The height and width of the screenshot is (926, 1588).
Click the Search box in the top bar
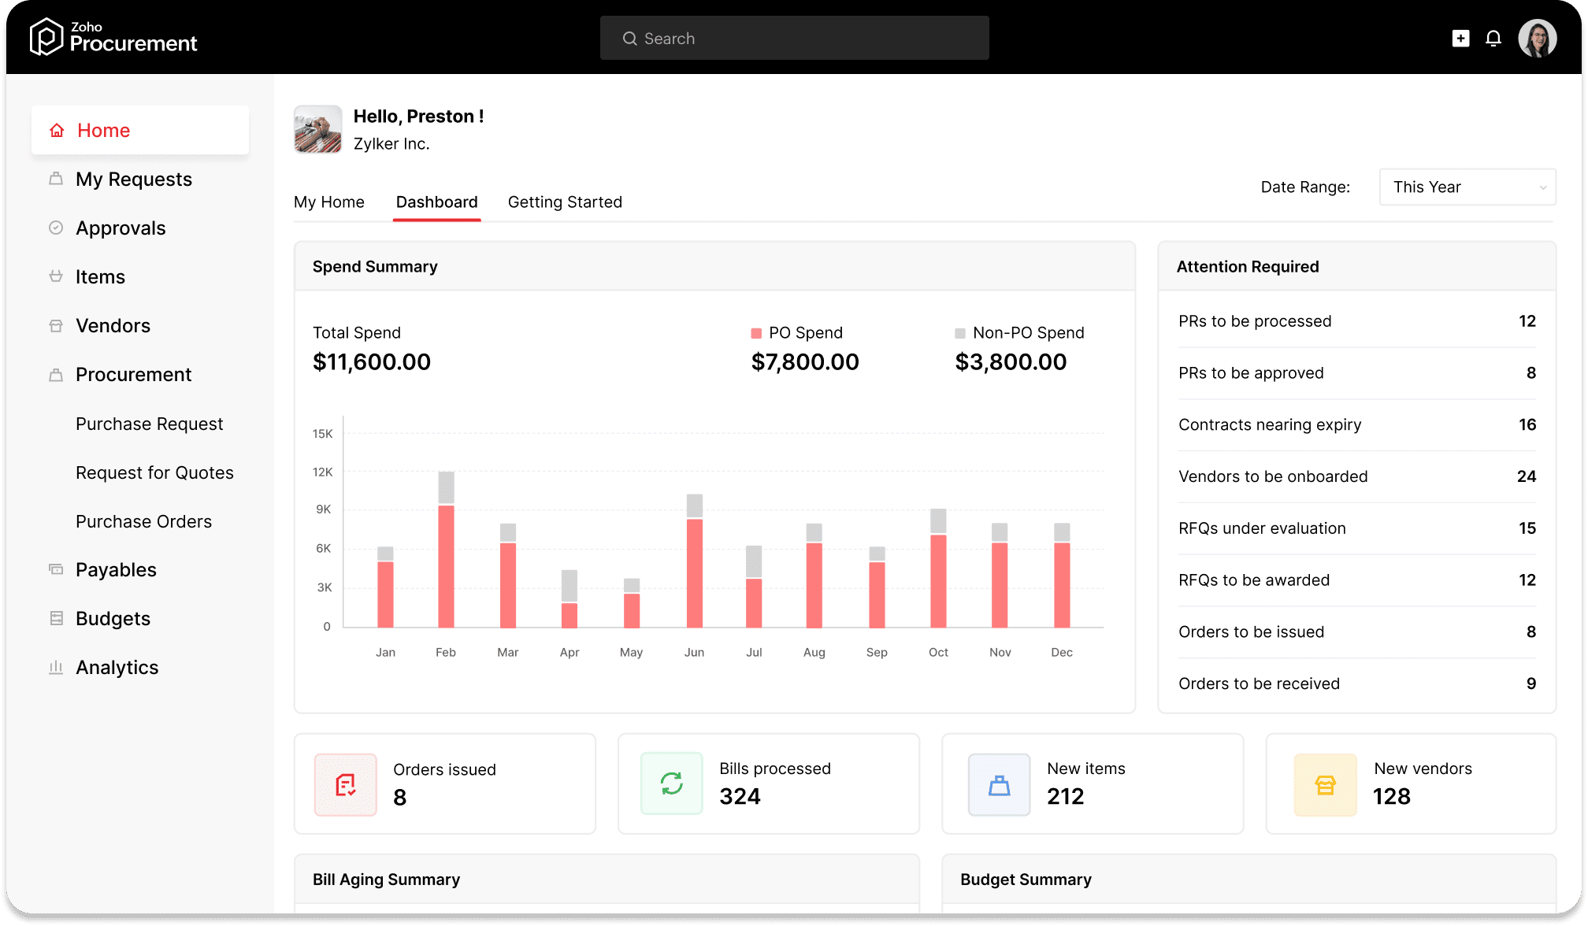coord(794,39)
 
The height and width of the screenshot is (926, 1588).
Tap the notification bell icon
coord(1493,39)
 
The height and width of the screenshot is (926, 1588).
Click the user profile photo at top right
coord(1537,39)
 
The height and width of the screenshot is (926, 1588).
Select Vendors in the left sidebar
coord(113,326)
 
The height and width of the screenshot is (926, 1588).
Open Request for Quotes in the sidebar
coord(154,472)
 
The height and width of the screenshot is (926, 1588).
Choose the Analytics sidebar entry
coord(117,668)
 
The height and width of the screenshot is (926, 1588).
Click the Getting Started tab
coord(565,202)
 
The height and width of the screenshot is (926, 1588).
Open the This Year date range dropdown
coord(1467,187)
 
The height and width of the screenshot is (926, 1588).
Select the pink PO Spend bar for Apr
coord(570,615)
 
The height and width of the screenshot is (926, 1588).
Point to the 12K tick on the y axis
coord(322,472)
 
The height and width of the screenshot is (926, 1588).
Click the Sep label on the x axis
coord(877,652)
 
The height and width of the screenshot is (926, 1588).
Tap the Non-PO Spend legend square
coord(960,333)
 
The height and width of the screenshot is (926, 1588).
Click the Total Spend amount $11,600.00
coord(372,362)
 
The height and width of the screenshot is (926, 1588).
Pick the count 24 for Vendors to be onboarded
coord(1526,476)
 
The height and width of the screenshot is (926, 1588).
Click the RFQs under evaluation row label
coord(1262,528)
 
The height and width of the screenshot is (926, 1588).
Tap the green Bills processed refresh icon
coord(672,783)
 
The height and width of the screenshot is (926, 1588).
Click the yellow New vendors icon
coord(1325,784)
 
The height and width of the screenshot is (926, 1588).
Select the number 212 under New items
coord(1065,797)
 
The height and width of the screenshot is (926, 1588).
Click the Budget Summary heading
coord(1026,880)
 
